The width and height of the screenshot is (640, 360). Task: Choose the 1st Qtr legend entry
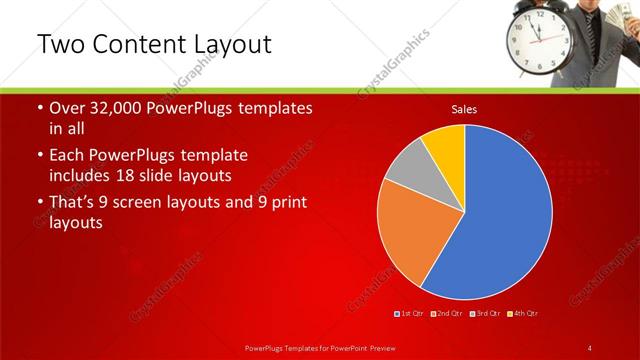(x=410, y=314)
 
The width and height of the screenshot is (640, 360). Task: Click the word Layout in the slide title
(x=227, y=45)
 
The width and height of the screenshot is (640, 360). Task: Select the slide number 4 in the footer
(x=590, y=347)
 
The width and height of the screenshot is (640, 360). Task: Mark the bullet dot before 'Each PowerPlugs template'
(x=40, y=157)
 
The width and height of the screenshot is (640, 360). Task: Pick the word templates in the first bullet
(x=273, y=109)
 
